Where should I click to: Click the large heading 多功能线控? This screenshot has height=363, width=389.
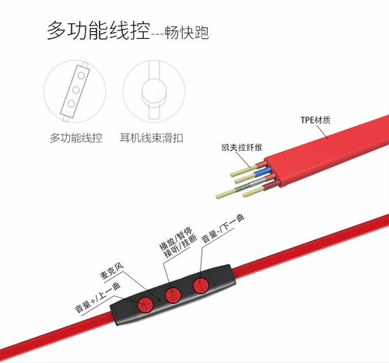99,30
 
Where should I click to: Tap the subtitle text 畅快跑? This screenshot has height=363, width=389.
187,33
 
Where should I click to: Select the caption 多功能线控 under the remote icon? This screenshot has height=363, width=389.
76,138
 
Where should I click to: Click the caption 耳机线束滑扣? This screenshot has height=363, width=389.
152,138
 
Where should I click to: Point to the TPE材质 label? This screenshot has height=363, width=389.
315,120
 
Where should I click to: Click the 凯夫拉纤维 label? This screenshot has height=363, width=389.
242,148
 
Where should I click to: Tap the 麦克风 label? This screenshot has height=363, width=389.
112,272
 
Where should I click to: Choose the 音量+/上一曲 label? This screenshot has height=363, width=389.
97,298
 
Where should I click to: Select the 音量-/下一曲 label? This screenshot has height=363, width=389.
223,229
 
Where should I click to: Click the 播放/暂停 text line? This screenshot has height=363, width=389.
176,239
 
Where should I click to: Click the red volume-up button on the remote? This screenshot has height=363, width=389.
145,304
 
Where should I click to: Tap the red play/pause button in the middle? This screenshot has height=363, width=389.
173,295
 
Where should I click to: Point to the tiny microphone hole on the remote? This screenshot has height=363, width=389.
159,300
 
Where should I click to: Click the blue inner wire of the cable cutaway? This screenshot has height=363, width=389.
263,172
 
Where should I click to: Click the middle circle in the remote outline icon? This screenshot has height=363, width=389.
76,90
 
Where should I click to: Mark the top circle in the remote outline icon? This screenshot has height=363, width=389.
81,75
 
